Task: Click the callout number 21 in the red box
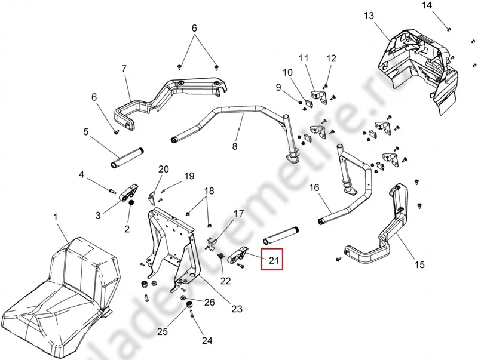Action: coord(274,260)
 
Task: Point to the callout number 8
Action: coord(235,146)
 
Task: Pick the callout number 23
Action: coord(237,309)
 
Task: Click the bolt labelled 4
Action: coord(112,191)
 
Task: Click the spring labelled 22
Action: coord(221,257)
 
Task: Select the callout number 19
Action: coord(189,176)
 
